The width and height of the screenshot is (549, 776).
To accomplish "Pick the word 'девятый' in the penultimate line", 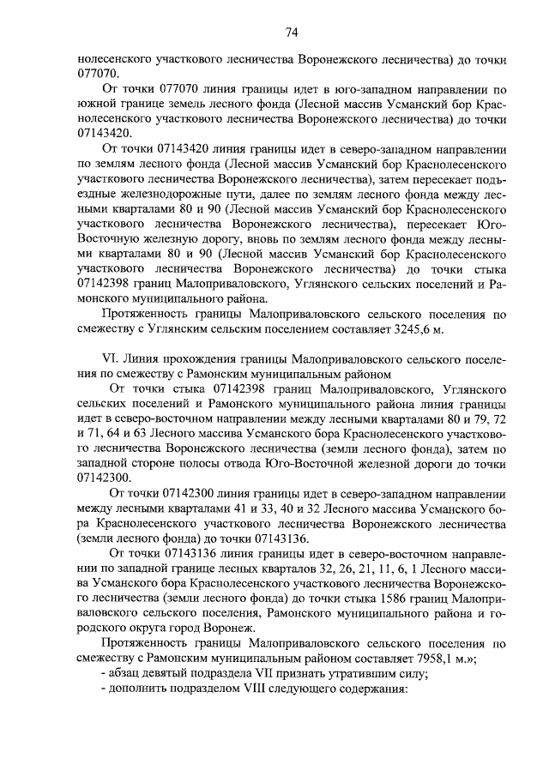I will pos(176,674).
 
